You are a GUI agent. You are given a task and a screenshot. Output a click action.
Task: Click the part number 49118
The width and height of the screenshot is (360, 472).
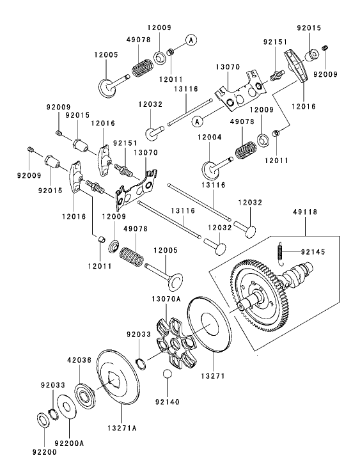click(x=304, y=211)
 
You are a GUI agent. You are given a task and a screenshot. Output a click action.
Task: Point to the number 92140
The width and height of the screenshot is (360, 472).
click(x=166, y=403)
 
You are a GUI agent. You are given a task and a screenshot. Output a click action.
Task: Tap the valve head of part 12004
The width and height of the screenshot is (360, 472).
click(x=210, y=169)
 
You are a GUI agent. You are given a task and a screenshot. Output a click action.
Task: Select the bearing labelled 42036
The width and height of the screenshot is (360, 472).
click(x=83, y=393)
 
